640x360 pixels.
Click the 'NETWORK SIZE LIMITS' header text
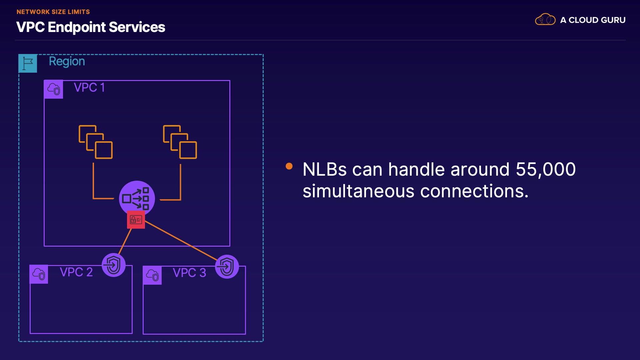click(53, 12)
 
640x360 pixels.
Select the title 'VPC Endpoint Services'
click(91, 27)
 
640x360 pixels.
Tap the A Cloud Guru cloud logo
click(545, 20)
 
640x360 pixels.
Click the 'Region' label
click(67, 61)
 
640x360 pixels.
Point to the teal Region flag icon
click(28, 63)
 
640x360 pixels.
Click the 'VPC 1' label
click(89, 87)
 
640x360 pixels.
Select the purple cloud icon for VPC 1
click(54, 89)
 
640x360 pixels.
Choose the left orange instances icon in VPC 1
click(96, 142)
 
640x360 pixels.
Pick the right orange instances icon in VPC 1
click(180, 142)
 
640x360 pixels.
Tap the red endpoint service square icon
click(136, 220)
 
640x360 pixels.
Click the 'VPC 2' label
click(76, 272)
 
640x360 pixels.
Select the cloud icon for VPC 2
click(39, 274)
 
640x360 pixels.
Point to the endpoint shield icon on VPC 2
click(114, 265)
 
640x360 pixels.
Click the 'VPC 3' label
click(189, 273)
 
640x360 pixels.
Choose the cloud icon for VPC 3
click(152, 275)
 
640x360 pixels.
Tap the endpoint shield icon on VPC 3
click(227, 267)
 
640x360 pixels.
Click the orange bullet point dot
click(289, 166)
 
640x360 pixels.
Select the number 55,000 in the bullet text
click(546, 169)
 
